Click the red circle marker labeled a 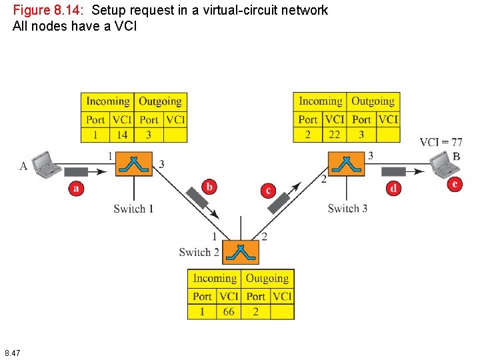coord(77,189)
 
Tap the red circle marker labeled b coord(209,187)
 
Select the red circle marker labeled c coord(268,191)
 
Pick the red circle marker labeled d coord(394,188)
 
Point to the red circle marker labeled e coord(455,184)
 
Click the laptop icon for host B coord(442,163)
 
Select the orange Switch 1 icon coord(134,163)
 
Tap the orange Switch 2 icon coord(241,251)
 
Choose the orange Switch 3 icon coord(347,163)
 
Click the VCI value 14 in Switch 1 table coord(121,135)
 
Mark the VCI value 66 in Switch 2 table coord(229,311)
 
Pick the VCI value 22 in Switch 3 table coord(335,135)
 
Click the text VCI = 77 coord(441,142)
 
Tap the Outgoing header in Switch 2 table coord(267,278)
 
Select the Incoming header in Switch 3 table coord(320,101)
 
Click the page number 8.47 coord(12,352)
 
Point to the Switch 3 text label coord(347,209)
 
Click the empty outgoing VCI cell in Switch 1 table coord(175,135)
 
